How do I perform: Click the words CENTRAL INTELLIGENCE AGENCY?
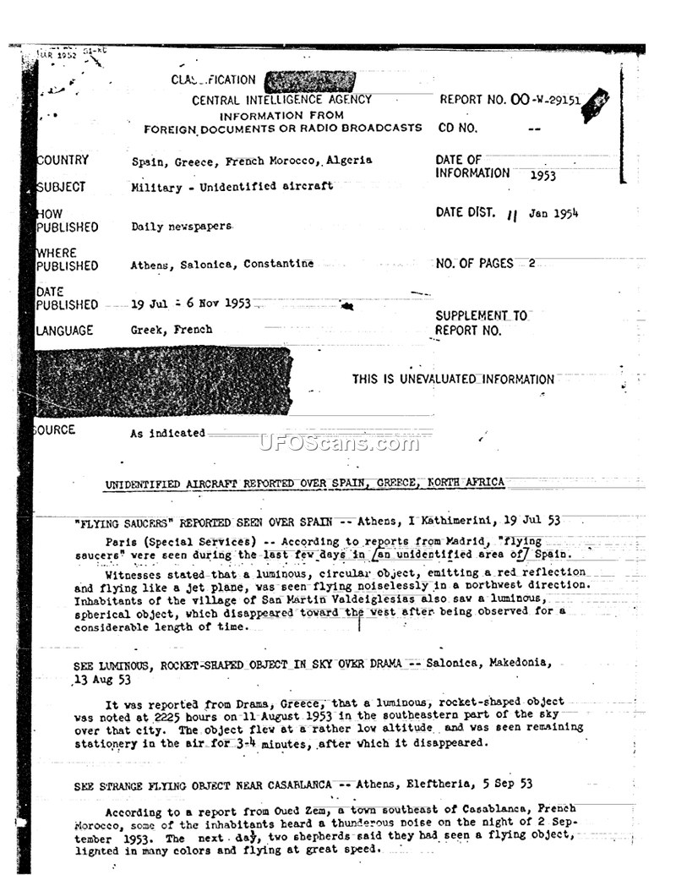[281, 100]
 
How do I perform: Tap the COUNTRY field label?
[63, 160]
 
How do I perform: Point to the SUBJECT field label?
[61, 187]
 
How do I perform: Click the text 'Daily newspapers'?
[180, 227]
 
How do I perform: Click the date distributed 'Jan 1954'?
[553, 214]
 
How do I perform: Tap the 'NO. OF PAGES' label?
[474, 263]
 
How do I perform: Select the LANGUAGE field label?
[65, 331]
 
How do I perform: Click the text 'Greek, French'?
[172, 330]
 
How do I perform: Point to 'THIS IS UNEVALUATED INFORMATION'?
[453, 380]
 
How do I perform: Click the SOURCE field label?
[55, 430]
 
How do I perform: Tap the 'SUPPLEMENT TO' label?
[481, 315]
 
